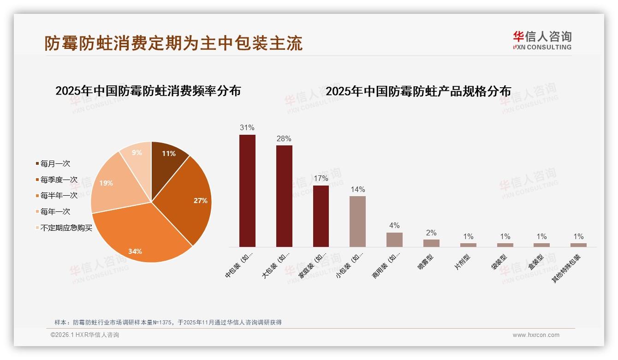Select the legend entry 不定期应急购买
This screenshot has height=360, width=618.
(66, 228)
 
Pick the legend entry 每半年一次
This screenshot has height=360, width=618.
(59, 196)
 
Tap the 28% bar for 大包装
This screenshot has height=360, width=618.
(284, 196)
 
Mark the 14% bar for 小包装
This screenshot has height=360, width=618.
(357, 222)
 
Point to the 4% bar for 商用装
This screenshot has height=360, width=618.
(394, 240)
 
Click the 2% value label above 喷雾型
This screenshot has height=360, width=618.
(431, 233)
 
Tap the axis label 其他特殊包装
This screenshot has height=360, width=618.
(567, 268)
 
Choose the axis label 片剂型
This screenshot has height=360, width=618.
(463, 262)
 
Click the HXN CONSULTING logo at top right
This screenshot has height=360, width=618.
(542, 41)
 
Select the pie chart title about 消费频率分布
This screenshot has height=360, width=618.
(148, 91)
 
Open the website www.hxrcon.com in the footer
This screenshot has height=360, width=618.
(536, 335)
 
